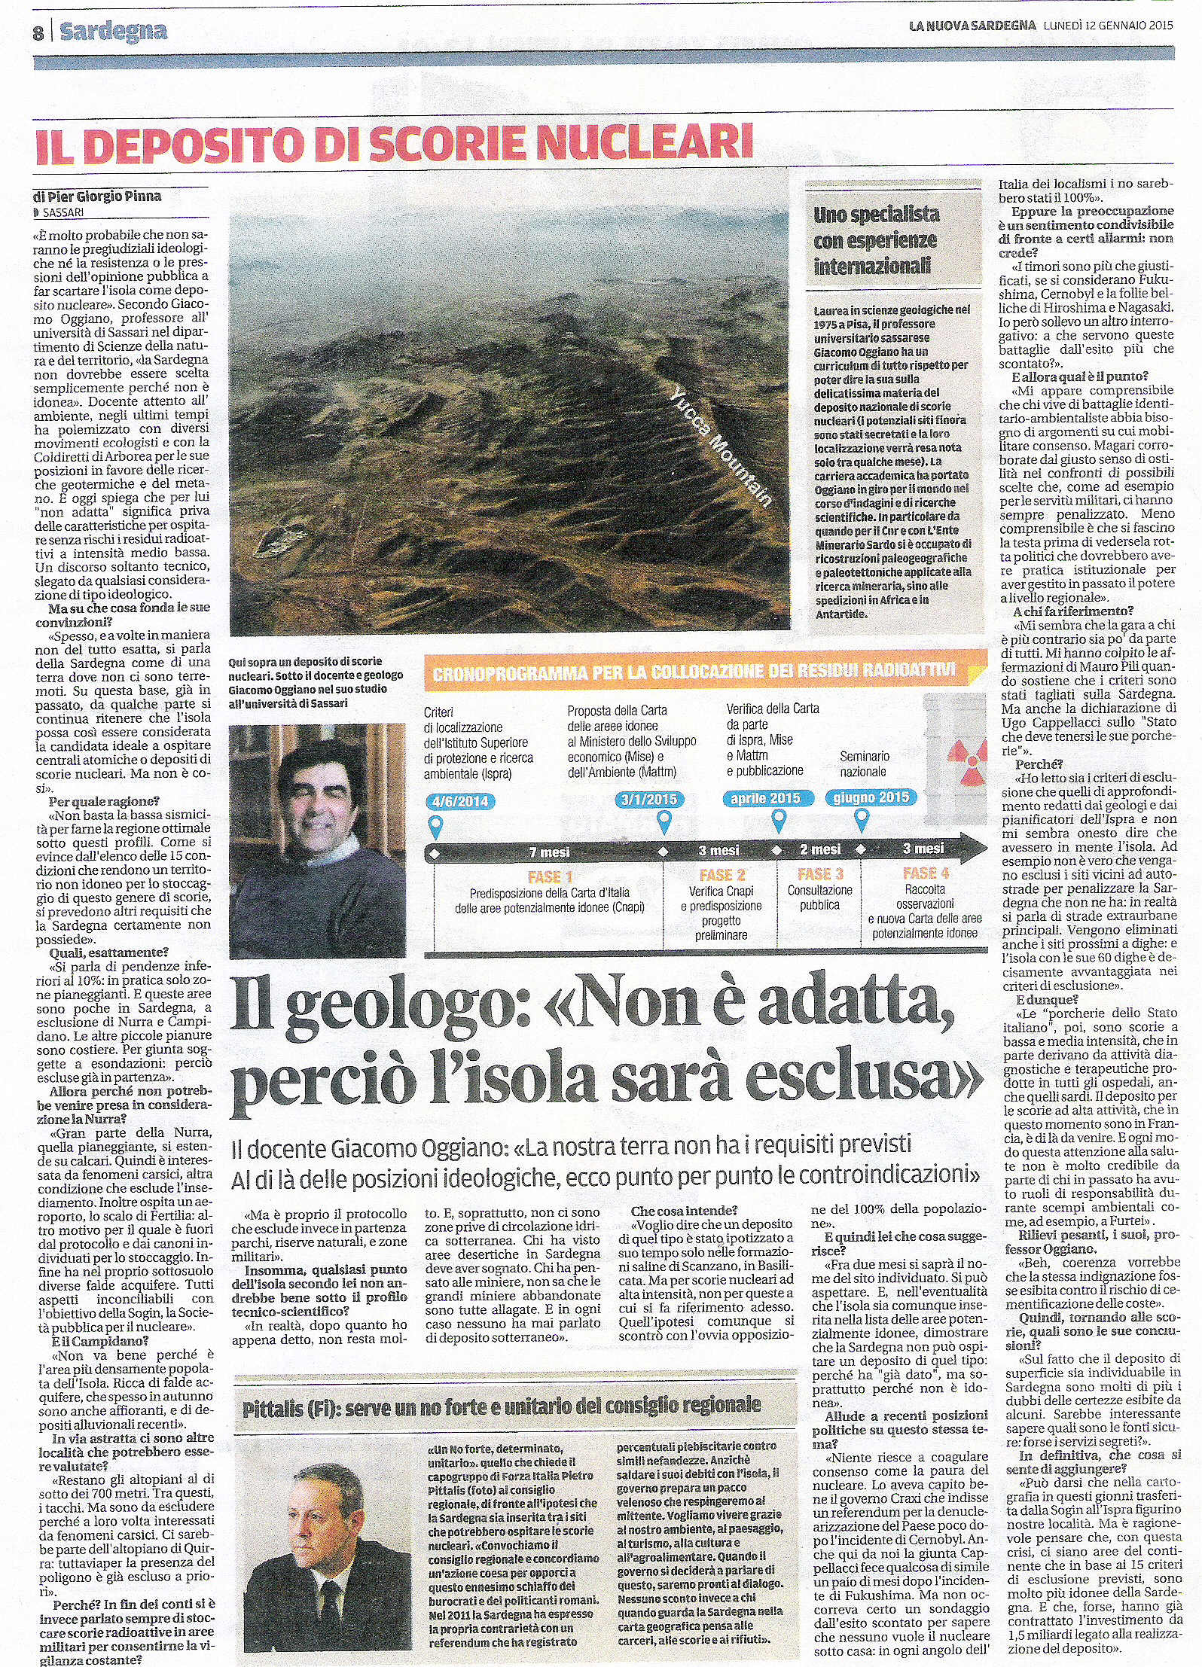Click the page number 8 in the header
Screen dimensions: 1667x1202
pos(38,33)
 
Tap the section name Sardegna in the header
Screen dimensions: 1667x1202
pos(113,32)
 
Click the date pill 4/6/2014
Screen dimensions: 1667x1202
pos(459,801)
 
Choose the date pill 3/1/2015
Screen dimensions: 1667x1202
pos(649,800)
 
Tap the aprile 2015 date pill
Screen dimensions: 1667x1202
pos(765,798)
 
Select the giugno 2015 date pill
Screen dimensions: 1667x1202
pos(871,797)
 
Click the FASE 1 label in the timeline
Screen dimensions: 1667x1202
pos(550,877)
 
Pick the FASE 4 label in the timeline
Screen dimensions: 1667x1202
pos(926,873)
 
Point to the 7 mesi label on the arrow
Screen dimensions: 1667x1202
pos(550,852)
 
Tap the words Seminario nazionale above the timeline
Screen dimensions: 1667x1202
pos(864,763)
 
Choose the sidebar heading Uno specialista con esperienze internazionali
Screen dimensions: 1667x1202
pos(873,240)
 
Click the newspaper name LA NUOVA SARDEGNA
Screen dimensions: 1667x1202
pos(972,25)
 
